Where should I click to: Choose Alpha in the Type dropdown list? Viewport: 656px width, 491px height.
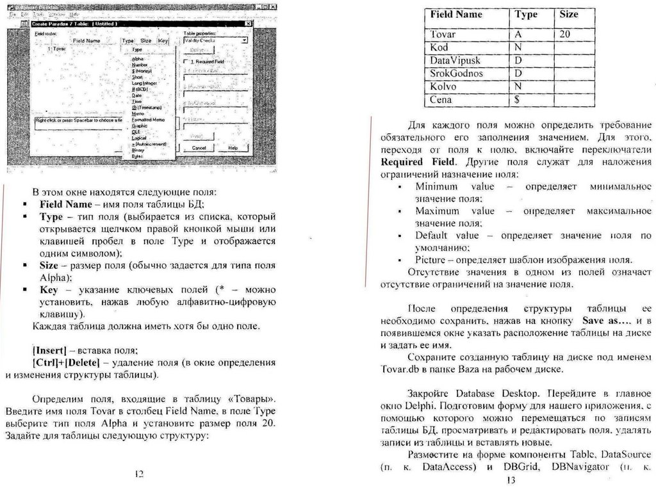[x=136, y=59]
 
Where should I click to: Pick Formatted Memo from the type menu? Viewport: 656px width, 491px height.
[x=148, y=119]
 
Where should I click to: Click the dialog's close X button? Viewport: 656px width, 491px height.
[x=249, y=24]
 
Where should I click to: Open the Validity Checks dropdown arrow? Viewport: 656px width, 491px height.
[x=245, y=40]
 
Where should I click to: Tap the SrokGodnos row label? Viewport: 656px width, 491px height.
[x=456, y=73]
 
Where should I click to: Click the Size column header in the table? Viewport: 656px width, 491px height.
[x=568, y=14]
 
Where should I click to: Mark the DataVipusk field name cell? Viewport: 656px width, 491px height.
[x=455, y=60]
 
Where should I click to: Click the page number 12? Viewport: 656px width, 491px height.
[x=139, y=474]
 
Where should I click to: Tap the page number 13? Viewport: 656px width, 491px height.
[x=510, y=480]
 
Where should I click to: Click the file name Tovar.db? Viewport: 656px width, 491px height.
[x=401, y=370]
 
